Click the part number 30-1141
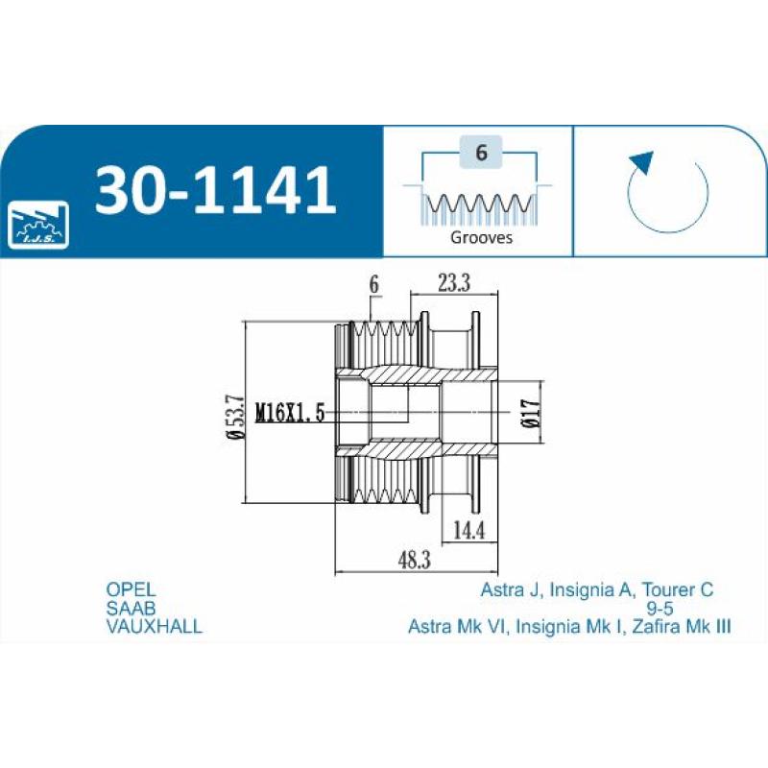coord(215,190)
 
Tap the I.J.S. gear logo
coord(38,225)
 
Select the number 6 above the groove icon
coord(481,153)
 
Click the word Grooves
coord(481,237)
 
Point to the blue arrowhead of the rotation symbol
coord(641,162)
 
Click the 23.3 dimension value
coord(454,282)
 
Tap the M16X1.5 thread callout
coord(291,413)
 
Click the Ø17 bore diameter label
coord(532,414)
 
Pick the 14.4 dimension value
coord(469,530)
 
